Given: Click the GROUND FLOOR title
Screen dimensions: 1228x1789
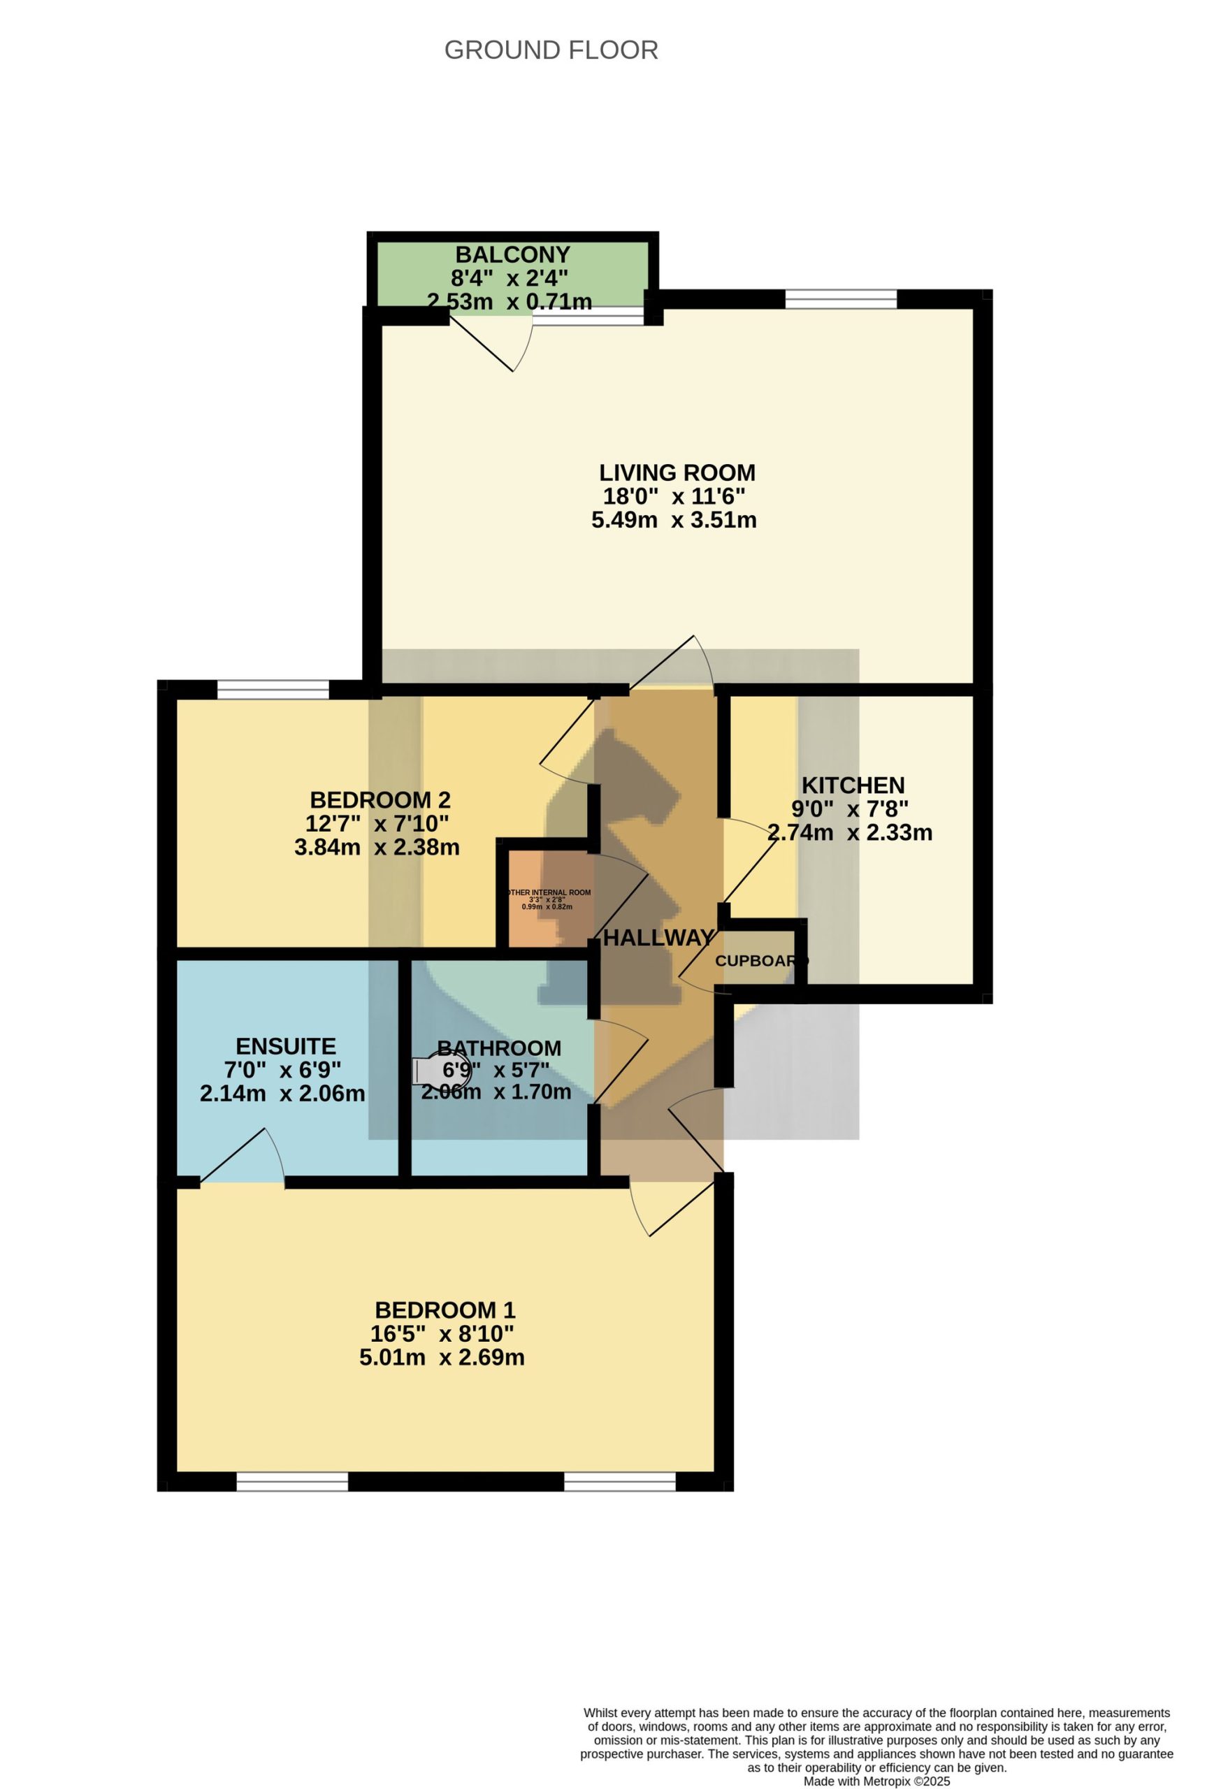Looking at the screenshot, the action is [551, 50].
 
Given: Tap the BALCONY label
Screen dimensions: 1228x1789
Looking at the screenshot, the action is [512, 254].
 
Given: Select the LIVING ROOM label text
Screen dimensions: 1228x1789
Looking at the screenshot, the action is [677, 472].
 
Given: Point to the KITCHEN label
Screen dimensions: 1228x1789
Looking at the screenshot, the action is [853, 785].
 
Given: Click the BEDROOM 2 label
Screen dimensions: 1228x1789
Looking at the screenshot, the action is [380, 800].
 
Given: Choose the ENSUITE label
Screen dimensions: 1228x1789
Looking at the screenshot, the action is [286, 1046].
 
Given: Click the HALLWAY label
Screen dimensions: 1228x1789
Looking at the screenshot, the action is [659, 938].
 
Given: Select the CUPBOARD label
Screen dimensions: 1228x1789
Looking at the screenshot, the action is [761, 962].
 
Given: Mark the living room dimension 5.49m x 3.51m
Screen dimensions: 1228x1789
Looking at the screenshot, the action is [674, 520].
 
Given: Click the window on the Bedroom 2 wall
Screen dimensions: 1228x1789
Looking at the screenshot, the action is [273, 689].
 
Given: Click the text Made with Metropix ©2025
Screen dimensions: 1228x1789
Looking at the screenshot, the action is [876, 1781].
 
